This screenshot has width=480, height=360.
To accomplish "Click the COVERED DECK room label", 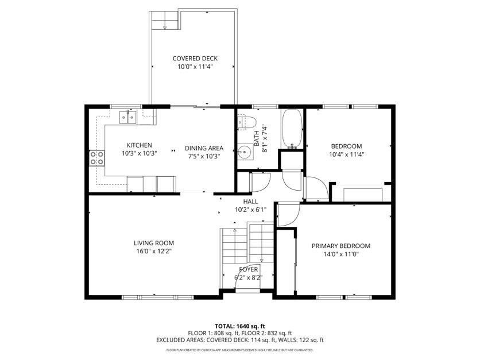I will (195, 59).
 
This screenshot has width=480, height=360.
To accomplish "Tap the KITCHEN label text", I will (139, 145).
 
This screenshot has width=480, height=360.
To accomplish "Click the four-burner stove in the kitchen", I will (96, 158).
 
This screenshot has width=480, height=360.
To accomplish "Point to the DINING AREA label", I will (204, 148).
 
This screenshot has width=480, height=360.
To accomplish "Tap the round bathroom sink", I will (245, 153).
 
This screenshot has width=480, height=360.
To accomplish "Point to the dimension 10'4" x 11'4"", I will (346, 154).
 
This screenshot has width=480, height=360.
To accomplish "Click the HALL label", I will (250, 202).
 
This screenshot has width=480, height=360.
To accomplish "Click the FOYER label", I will (249, 269).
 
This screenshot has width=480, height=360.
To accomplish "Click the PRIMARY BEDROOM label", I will (340, 246).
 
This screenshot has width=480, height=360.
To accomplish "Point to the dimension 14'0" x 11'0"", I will (340, 254).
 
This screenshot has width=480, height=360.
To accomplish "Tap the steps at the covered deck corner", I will (165, 21).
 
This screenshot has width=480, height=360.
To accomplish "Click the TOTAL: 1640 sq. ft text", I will (240, 326).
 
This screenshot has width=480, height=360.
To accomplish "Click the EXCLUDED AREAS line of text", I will (240, 340).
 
